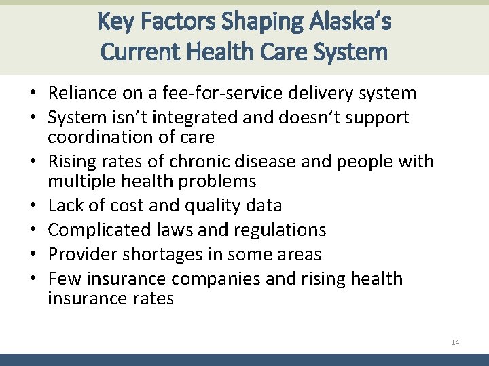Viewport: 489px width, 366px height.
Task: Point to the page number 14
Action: click(x=454, y=342)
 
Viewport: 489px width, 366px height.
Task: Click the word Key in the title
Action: click(x=113, y=22)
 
